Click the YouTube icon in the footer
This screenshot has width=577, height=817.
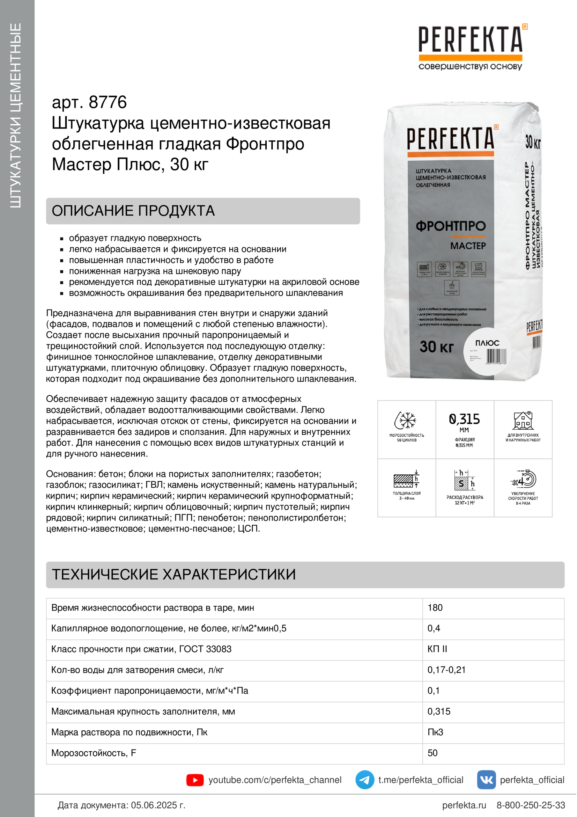[195, 780]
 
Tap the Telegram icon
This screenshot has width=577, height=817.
[364, 780]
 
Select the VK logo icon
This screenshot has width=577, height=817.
[486, 780]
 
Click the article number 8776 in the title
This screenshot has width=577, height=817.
[108, 102]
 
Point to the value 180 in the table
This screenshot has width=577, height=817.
[435, 608]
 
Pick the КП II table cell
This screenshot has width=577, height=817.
[437, 649]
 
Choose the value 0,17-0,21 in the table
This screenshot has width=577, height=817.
[446, 670]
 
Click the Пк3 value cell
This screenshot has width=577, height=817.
[435, 732]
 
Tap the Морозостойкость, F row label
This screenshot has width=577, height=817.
[94, 753]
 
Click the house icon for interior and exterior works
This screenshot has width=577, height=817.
[523, 420]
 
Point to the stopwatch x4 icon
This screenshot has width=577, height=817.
[523, 479]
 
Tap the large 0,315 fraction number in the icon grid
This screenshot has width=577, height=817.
[464, 419]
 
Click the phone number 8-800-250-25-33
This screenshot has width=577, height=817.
[531, 805]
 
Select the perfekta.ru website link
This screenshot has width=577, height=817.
[464, 805]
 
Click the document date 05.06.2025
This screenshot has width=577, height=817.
[158, 805]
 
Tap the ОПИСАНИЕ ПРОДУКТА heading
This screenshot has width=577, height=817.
[133, 211]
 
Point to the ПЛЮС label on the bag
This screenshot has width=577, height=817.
[487, 343]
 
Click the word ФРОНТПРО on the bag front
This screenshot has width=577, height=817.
[450, 226]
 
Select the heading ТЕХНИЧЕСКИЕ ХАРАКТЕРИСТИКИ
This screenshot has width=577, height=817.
[173, 574]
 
